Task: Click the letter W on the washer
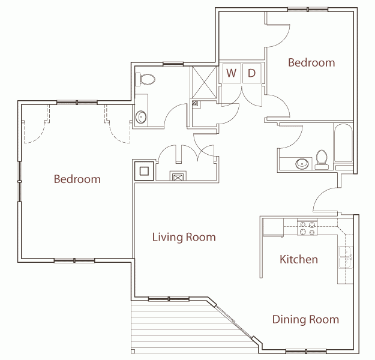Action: pyautogui.click(x=231, y=73)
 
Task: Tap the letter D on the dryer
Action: pyautogui.click(x=252, y=73)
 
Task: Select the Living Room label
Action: pyautogui.click(x=184, y=237)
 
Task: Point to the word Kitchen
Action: pyautogui.click(x=299, y=259)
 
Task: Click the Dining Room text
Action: pyautogui.click(x=305, y=319)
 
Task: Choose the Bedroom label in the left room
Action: pyautogui.click(x=77, y=179)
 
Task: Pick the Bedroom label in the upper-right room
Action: pyautogui.click(x=311, y=62)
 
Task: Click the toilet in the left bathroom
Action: pyautogui.click(x=146, y=79)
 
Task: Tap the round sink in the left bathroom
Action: pyautogui.click(x=142, y=118)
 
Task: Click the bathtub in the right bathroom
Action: pyautogui.click(x=344, y=144)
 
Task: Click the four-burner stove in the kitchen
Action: pyautogui.click(x=308, y=228)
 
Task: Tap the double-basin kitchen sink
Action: pyautogui.click(x=346, y=257)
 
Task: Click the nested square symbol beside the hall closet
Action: pyautogui.click(x=144, y=171)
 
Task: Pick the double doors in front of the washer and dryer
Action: pyautogui.click(x=242, y=96)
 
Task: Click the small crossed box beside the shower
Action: pyautogui.click(x=194, y=103)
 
